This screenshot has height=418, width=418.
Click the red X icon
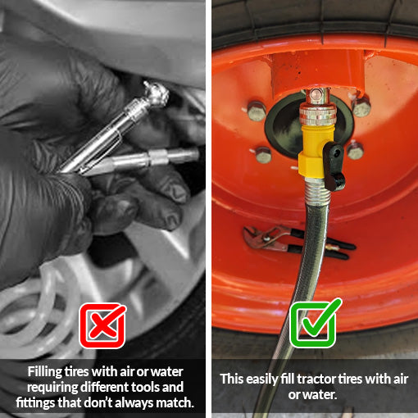(102, 325)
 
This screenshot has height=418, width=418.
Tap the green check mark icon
(315, 325)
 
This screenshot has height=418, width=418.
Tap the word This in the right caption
(232, 379)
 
